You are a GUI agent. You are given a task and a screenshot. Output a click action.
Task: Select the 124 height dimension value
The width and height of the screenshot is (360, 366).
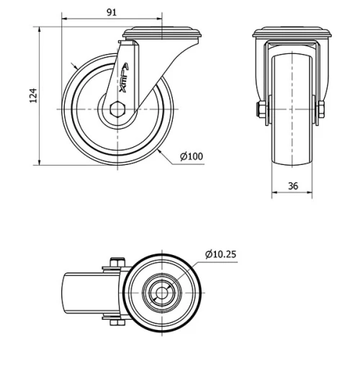32,96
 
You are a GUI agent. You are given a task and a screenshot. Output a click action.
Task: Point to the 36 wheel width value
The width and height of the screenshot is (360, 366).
293,185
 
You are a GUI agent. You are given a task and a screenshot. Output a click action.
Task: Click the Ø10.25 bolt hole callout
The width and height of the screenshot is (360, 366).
222,254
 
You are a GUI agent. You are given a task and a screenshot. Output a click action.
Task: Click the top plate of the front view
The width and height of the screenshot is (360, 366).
292,33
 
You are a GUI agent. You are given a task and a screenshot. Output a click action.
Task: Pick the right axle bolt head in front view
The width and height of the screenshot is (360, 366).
322,110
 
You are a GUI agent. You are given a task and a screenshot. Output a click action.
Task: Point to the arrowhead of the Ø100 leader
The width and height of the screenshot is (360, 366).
161,152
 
